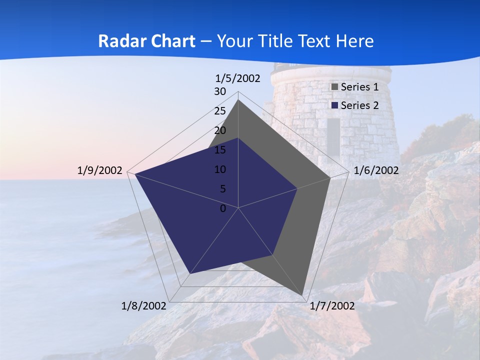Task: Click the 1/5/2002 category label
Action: tap(237, 78)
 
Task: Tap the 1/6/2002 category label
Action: tap(376, 170)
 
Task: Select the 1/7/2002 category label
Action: tap(332, 306)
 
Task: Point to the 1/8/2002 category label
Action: tap(143, 306)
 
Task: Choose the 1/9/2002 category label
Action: tap(99, 170)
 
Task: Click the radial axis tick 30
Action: tap(220, 91)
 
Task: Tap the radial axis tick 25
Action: tap(220, 111)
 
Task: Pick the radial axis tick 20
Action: tap(220, 130)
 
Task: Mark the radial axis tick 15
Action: tap(220, 150)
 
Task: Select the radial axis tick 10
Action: tap(220, 169)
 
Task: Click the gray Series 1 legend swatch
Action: tap(335, 87)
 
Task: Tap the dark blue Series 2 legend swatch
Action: tap(335, 105)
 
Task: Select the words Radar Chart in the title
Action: tap(146, 41)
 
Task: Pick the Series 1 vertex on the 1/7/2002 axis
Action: tap(303, 295)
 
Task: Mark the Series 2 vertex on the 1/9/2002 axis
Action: tap(134, 174)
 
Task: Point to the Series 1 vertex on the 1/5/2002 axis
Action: tap(238, 100)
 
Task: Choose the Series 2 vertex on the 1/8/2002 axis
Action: tap(189, 273)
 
